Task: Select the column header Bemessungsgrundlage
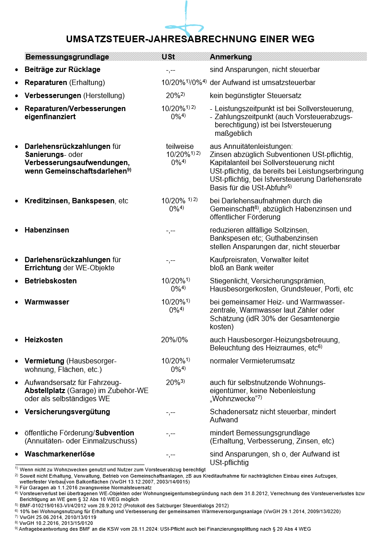click(67, 57)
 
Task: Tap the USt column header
click(168, 57)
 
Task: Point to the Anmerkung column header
click(231, 57)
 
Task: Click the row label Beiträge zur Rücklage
click(62, 70)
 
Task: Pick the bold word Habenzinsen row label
click(47, 230)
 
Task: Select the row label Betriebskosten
click(50, 281)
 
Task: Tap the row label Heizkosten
click(44, 340)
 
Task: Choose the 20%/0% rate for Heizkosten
click(174, 340)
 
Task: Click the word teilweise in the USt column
click(180, 146)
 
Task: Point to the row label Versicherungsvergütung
click(67, 412)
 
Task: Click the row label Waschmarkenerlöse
click(59, 454)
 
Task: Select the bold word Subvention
click(115, 433)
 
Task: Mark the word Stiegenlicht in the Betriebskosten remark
click(228, 281)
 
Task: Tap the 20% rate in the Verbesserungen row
click(173, 95)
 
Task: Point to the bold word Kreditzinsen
click(46, 201)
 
